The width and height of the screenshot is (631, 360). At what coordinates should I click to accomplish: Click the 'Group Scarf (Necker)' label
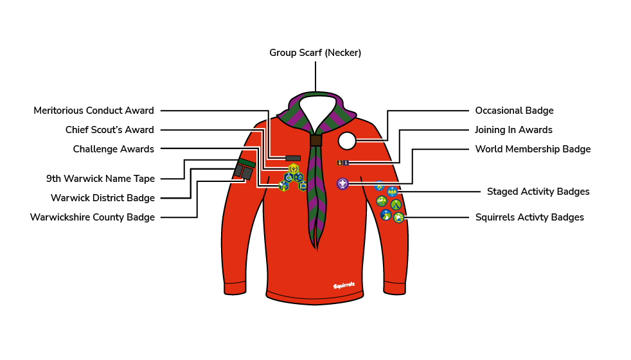coord(315,53)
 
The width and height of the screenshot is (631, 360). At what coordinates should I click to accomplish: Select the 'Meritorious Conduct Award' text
coord(94,111)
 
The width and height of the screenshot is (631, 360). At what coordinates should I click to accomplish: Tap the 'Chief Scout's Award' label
coord(109,130)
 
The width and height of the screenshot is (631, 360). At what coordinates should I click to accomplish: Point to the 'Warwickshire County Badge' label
coord(92,217)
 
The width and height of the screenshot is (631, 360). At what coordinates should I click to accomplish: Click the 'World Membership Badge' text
coord(533,149)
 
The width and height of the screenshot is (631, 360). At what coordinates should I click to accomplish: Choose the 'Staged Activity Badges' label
coord(538,192)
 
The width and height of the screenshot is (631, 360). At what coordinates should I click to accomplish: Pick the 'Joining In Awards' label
coord(513,130)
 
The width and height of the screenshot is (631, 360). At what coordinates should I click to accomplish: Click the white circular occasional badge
coord(347,141)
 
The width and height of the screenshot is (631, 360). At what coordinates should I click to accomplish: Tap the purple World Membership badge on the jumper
coord(342,184)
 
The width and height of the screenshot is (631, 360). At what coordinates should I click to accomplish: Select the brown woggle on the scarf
coord(316,140)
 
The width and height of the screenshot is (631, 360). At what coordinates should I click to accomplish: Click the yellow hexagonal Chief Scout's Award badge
coord(294,168)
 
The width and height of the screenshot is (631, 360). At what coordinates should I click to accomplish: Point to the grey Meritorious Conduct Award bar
coord(293,158)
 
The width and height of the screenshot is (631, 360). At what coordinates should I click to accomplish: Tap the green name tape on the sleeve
coord(246,163)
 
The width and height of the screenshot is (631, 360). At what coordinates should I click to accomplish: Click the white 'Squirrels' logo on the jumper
coord(344,285)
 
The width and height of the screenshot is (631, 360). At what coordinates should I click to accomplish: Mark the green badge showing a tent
coord(396,204)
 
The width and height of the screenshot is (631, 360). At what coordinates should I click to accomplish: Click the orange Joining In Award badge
coord(340,163)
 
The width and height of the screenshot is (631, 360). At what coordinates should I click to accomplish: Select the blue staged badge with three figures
coord(393,192)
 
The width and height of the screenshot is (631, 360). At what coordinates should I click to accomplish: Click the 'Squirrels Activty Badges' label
coord(529,217)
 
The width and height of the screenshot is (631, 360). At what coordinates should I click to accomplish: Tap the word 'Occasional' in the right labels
coord(494,111)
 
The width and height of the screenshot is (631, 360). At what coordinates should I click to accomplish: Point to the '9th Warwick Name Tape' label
coord(101,178)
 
